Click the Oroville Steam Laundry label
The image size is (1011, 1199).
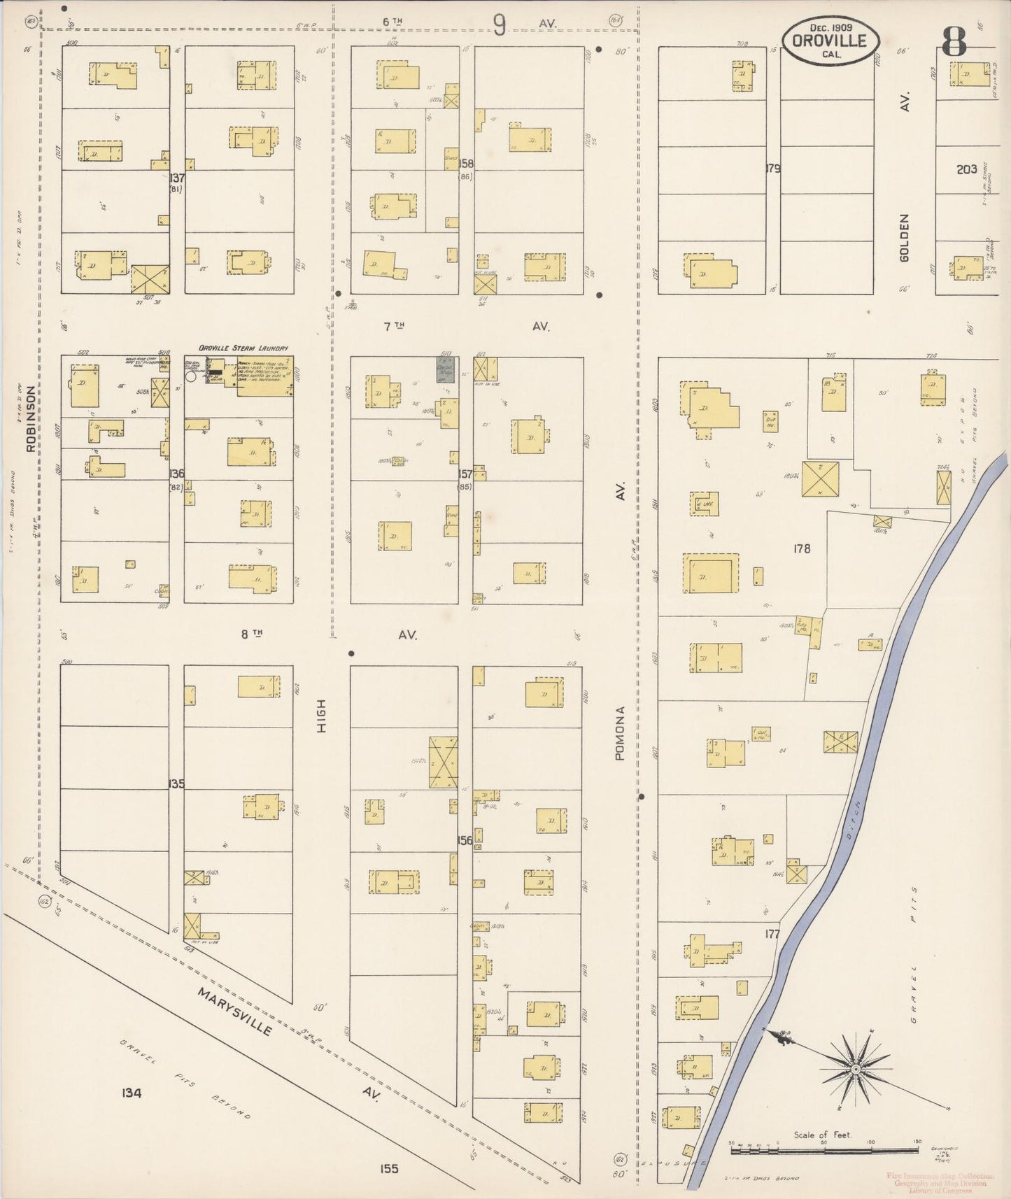tap(243, 348)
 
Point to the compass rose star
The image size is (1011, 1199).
tap(854, 1070)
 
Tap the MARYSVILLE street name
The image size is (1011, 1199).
tap(234, 1012)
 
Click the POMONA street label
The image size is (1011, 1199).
tap(620, 733)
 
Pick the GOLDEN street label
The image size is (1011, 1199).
tap(904, 238)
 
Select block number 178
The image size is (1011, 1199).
tap(802, 548)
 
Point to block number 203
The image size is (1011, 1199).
tap(966, 169)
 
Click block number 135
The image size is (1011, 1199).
tap(176, 784)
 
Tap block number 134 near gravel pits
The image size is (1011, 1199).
tap(131, 1092)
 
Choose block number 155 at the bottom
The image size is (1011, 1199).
tap(388, 1168)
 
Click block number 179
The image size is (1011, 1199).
tap(772, 168)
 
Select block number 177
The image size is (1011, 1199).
tap(772, 933)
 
